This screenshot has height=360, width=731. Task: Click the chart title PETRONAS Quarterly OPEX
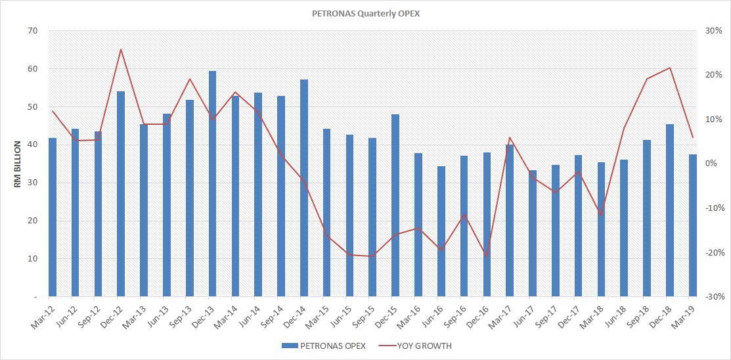tap(365, 12)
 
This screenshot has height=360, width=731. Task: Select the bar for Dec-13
tap(213, 184)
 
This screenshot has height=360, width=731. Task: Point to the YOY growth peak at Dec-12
tap(122, 49)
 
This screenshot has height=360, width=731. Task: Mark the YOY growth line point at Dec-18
tap(670, 68)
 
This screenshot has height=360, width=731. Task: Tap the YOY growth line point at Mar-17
tap(510, 137)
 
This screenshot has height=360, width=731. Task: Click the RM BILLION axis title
tap(18, 164)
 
